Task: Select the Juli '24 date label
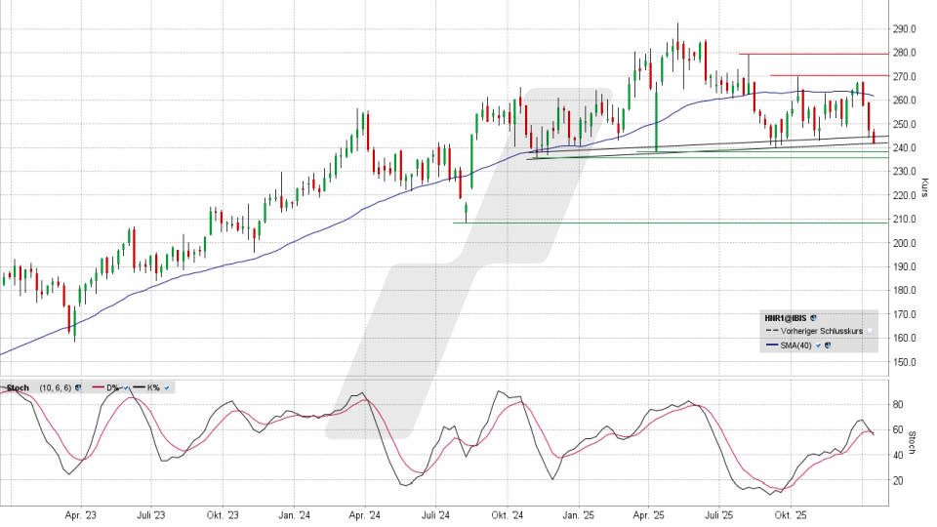click(435, 513)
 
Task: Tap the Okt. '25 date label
click(790, 513)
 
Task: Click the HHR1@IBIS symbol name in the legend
click(786, 317)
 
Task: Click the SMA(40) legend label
click(795, 345)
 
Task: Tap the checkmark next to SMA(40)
click(818, 345)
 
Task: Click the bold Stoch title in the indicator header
click(18, 387)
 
